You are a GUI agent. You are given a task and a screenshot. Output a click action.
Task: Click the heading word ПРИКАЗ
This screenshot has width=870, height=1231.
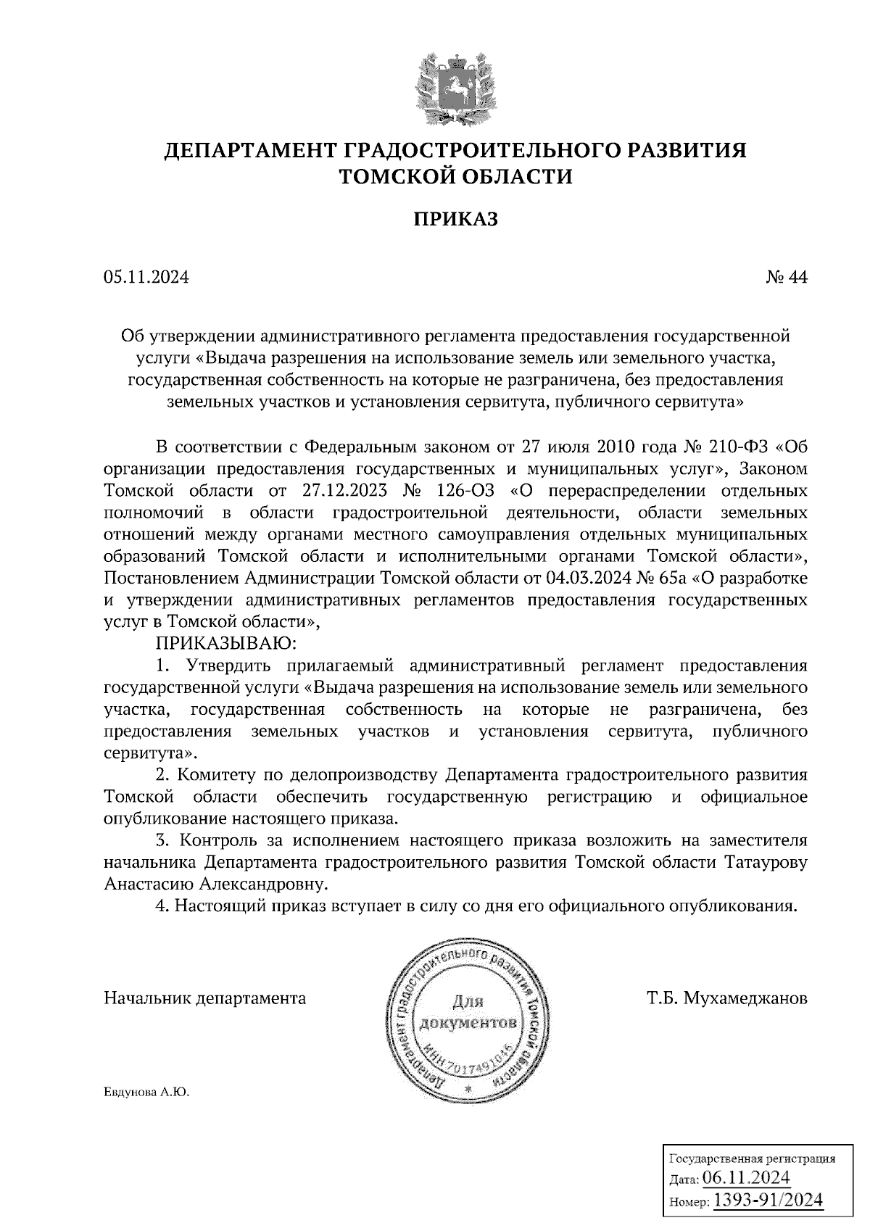(455, 219)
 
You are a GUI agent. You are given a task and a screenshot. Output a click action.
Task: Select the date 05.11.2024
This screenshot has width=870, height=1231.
(146, 278)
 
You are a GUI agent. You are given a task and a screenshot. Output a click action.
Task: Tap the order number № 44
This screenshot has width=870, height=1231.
(786, 278)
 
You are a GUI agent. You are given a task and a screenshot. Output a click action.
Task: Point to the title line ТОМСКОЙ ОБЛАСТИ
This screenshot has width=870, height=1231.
(455, 176)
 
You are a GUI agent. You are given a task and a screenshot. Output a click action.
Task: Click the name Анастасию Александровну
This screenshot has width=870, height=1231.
(215, 884)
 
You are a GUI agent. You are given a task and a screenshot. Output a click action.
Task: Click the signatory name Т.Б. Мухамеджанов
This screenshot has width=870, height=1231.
(727, 998)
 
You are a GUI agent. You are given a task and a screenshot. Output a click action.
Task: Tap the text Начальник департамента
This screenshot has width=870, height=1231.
(205, 998)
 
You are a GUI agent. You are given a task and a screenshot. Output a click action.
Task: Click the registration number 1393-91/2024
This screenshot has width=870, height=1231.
(768, 1200)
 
